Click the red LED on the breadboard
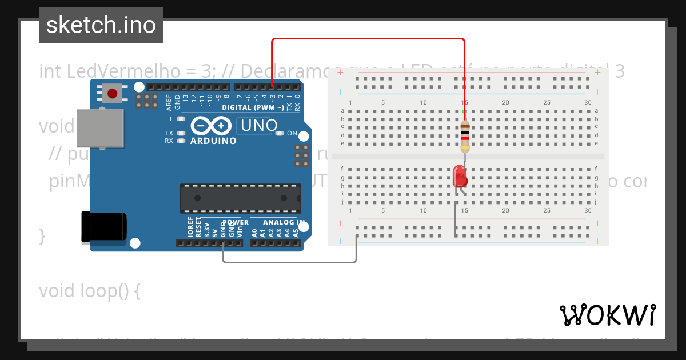460,177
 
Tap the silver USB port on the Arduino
101,129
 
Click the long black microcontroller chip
241,198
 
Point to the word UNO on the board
259,125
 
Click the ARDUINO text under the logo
213,141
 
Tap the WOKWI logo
607,315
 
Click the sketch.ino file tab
101,25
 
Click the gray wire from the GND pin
289,262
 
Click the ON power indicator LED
280,133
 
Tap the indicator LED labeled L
182,119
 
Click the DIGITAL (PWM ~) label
253,107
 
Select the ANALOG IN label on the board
284,222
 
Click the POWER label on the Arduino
235,222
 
